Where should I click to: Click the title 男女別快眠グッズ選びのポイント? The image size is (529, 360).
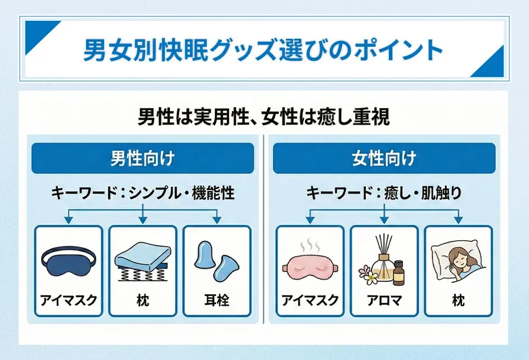pyautogui.click(x=263, y=49)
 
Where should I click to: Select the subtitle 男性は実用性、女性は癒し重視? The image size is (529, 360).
pyautogui.click(x=263, y=118)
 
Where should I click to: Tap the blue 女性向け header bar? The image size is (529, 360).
pyautogui.click(x=384, y=158)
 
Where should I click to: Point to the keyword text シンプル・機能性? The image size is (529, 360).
pyautogui.click(x=181, y=193)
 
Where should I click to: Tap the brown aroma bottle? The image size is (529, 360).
pyautogui.click(x=400, y=273)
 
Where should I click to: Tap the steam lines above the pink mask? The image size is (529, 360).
pyautogui.click(x=310, y=246)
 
